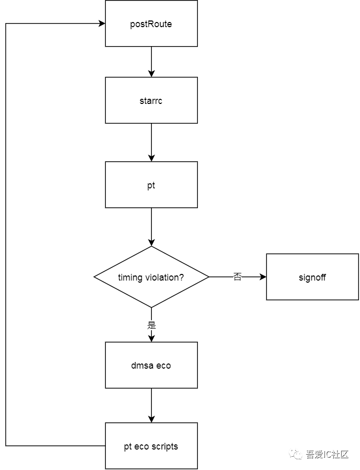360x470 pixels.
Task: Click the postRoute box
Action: point(151,24)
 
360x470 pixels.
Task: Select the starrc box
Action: point(151,100)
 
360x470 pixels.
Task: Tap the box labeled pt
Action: point(151,185)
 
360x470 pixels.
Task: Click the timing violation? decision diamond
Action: point(151,277)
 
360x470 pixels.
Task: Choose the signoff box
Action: point(312,277)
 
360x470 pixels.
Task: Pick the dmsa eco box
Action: point(151,365)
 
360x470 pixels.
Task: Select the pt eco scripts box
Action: point(151,446)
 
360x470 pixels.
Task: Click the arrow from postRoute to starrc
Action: point(151,61)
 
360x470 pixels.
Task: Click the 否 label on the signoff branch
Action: point(237,277)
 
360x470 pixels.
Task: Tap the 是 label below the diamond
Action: point(151,325)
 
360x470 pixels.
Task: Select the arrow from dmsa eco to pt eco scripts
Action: point(151,405)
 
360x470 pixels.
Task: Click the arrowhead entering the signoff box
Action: point(263,277)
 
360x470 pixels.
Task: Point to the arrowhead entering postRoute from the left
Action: point(102,24)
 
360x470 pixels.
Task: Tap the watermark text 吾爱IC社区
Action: point(327,454)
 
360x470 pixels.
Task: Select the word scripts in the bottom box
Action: point(165,446)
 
